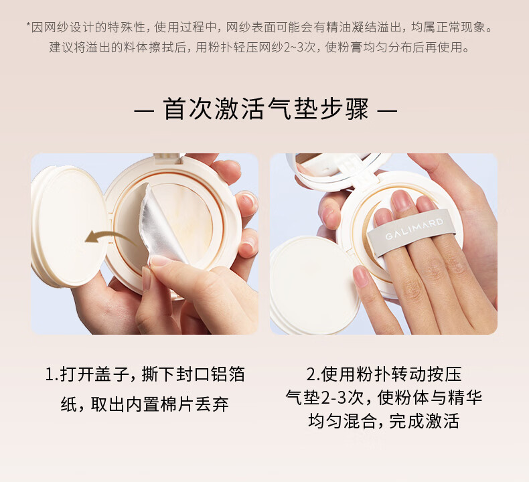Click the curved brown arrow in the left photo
(x=108, y=234)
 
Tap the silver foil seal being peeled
(x=160, y=223)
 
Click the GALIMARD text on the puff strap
(x=414, y=228)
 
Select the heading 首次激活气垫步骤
(x=266, y=109)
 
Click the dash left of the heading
(x=145, y=110)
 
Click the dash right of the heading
(x=387, y=110)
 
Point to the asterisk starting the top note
(x=28, y=24)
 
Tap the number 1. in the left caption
(x=52, y=374)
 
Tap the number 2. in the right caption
(x=313, y=374)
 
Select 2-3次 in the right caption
(x=342, y=398)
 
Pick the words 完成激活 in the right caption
(x=425, y=421)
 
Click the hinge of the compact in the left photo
(x=168, y=158)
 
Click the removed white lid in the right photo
(x=311, y=285)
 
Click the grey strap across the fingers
(x=412, y=232)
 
